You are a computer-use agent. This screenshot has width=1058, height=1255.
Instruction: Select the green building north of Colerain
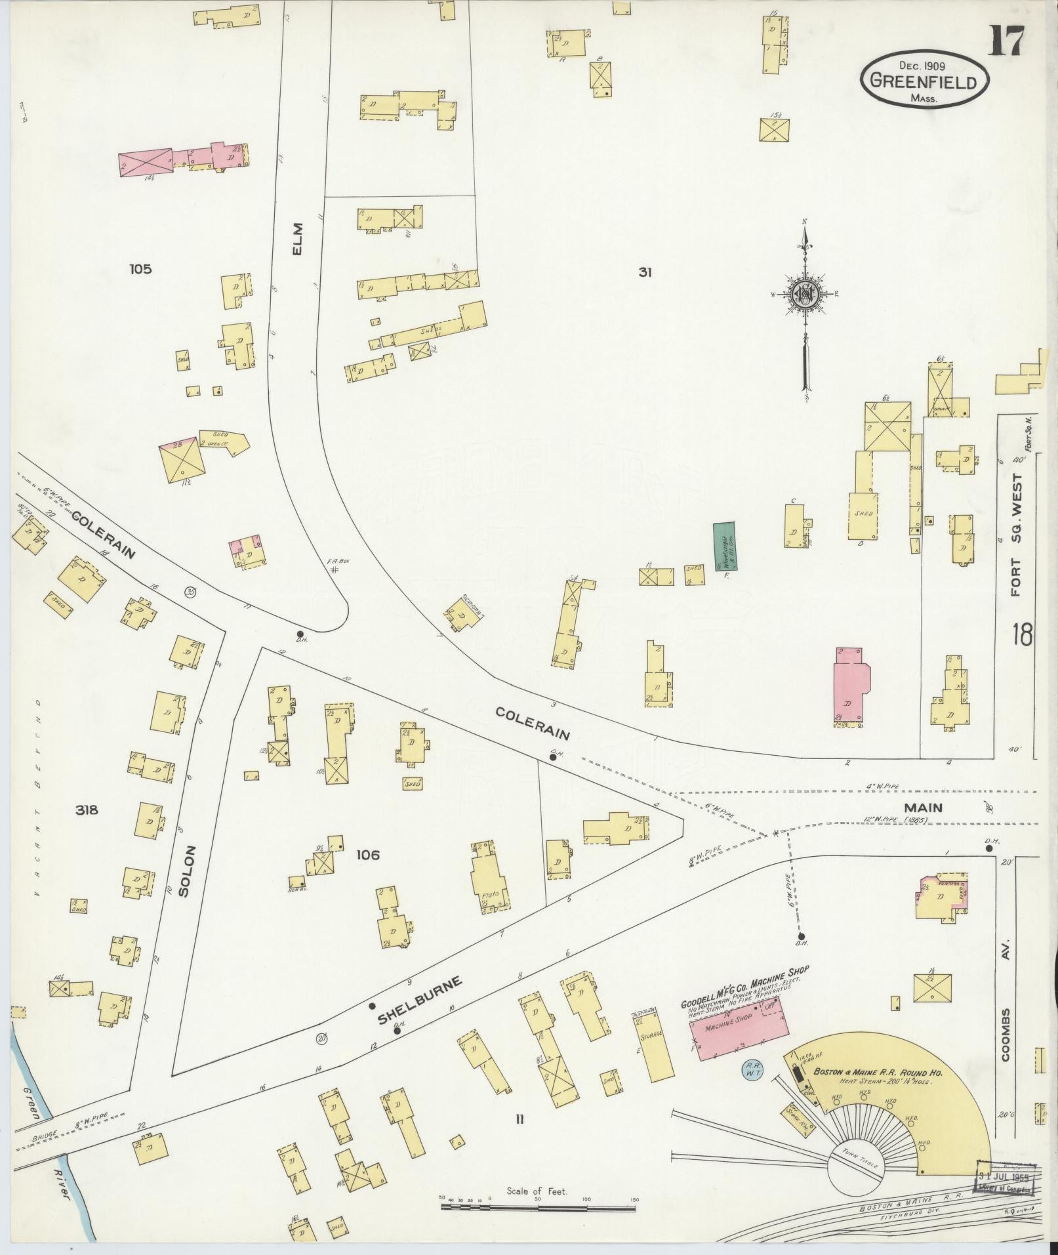coord(723,546)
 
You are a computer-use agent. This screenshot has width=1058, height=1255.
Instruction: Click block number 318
coord(87,810)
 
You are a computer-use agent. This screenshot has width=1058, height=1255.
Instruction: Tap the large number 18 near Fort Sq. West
coord(1022,635)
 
